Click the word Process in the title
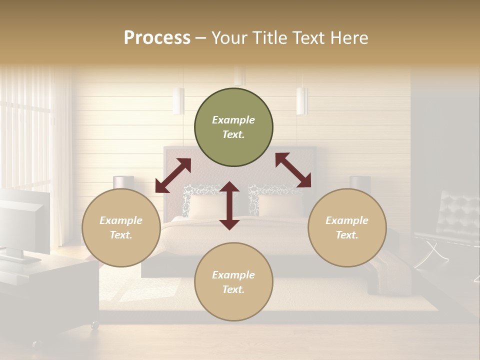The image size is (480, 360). pos(157,38)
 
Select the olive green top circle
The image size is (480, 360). pos(233,127)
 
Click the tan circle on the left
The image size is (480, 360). pos(121,228)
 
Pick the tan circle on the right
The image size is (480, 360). pos(347,228)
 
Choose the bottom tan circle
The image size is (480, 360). pos(233,282)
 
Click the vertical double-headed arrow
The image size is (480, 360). pos(229,205)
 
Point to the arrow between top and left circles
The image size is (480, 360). pos(173,175)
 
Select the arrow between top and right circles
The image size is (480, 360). pos(293,170)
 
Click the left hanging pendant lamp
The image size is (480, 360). pos(178,100)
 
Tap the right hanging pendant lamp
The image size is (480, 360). pos(302,101)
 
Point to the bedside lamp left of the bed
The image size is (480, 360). pos(123,182)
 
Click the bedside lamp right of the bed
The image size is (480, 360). pos(359,182)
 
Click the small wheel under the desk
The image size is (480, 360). pos(93,325)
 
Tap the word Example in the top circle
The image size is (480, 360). pos(233,120)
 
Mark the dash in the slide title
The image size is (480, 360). pos(201,38)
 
